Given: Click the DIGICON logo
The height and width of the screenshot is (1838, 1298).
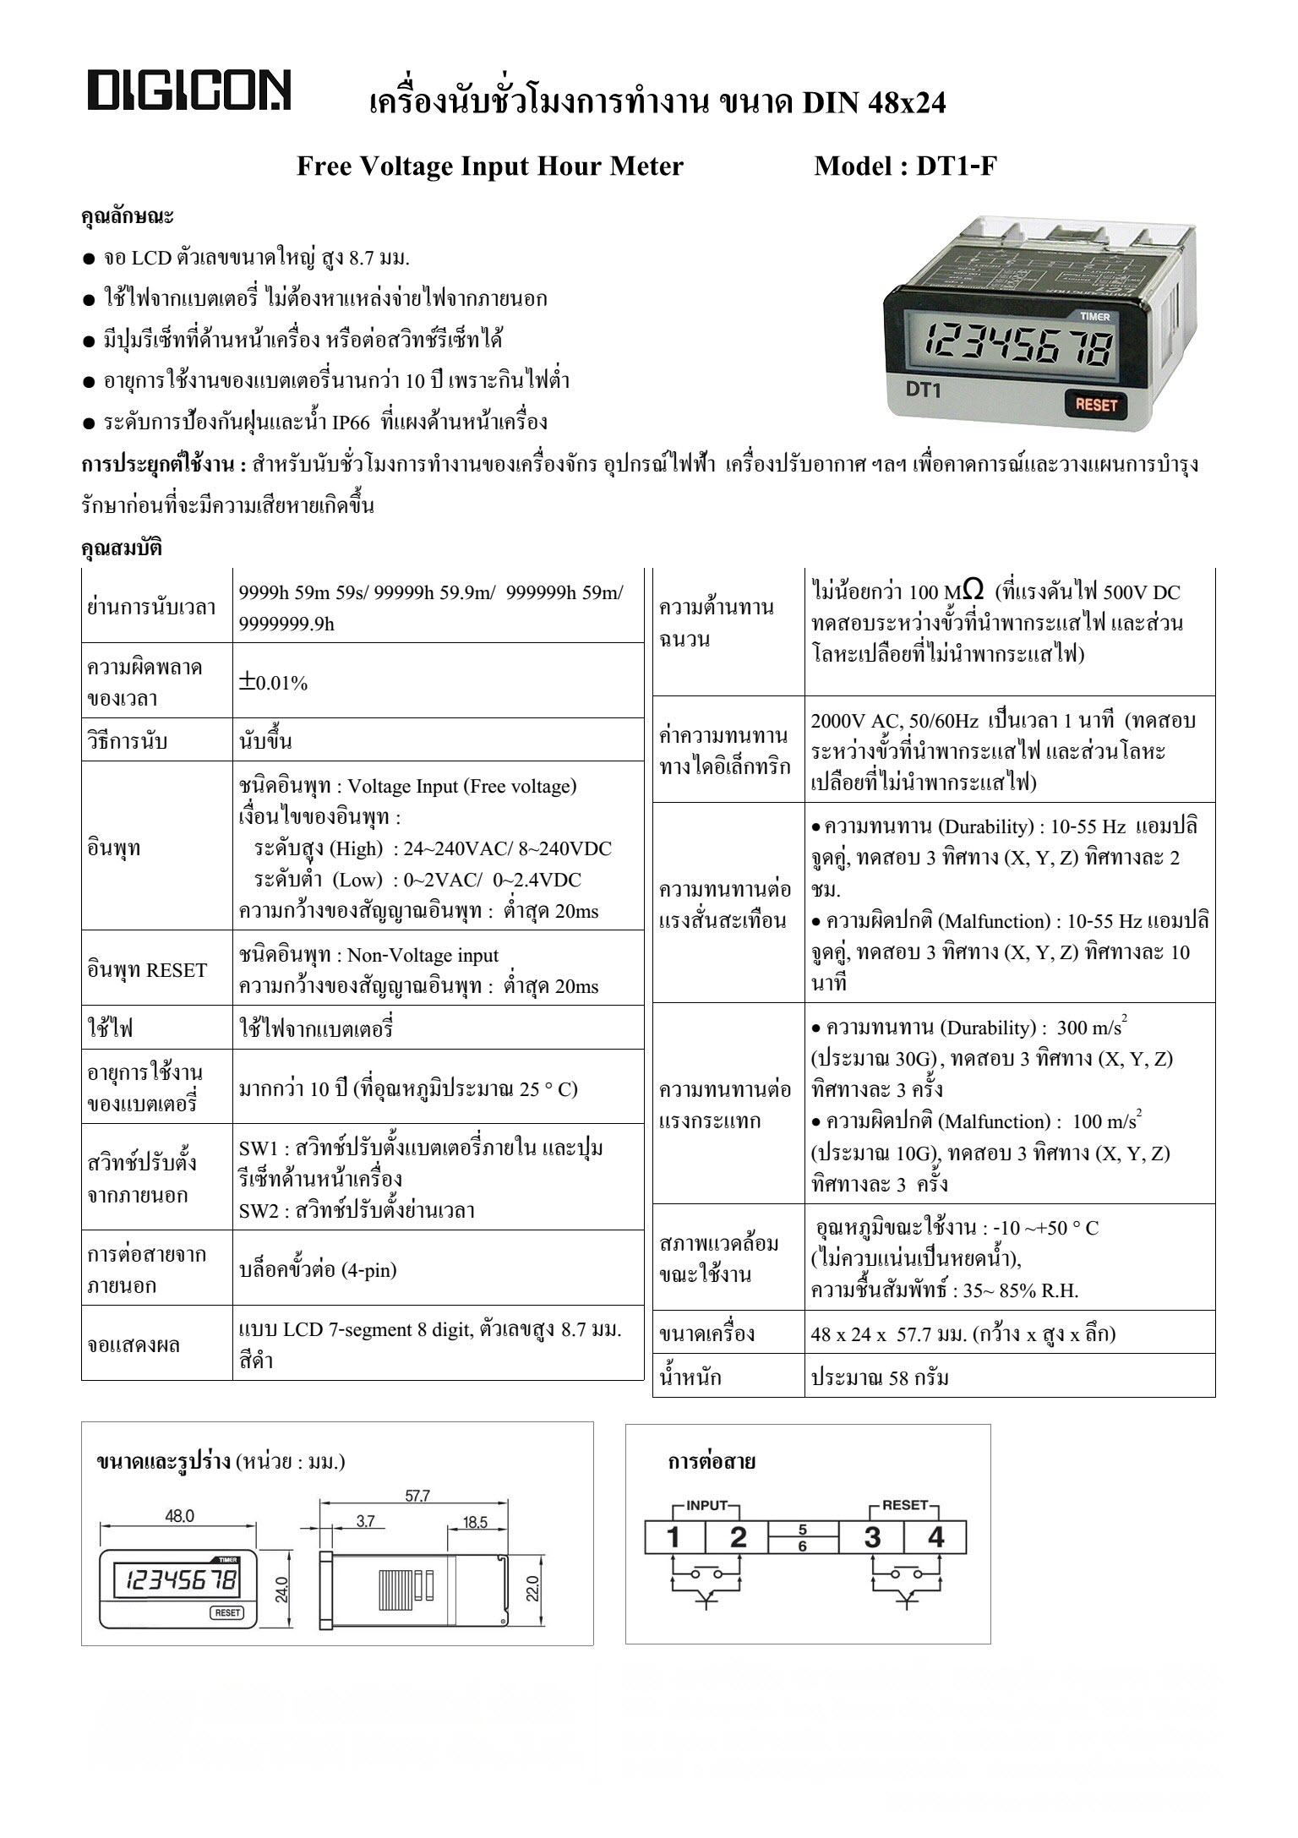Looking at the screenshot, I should point(189,91).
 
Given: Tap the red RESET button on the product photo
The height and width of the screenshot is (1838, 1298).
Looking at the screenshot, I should point(1095,404).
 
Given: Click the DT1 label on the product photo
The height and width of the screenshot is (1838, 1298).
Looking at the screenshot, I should point(924,390).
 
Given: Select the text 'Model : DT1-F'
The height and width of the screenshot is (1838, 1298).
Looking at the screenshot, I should point(905,166).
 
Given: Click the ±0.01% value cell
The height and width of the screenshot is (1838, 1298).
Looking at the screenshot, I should point(274,683).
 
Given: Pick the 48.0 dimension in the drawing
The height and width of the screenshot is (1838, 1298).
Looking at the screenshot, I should point(178,1516).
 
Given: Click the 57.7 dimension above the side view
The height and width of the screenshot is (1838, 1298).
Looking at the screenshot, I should point(417,1496).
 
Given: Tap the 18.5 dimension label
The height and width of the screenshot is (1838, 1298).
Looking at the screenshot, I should point(475,1522).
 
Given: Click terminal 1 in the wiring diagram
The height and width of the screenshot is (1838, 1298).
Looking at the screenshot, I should point(674,1536).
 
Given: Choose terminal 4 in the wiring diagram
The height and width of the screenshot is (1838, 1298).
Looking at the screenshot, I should point(935,1536).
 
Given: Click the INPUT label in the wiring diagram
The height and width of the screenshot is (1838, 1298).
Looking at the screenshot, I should point(706,1505).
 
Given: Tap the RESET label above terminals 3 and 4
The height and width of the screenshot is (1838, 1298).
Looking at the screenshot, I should point(904,1505).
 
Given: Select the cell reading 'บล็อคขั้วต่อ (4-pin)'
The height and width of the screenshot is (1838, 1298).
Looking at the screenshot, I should point(318,1269).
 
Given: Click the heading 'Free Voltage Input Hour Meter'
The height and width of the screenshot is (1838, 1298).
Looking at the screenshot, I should point(489,166).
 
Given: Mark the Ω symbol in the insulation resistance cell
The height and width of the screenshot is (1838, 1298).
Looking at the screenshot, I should point(972,589).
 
